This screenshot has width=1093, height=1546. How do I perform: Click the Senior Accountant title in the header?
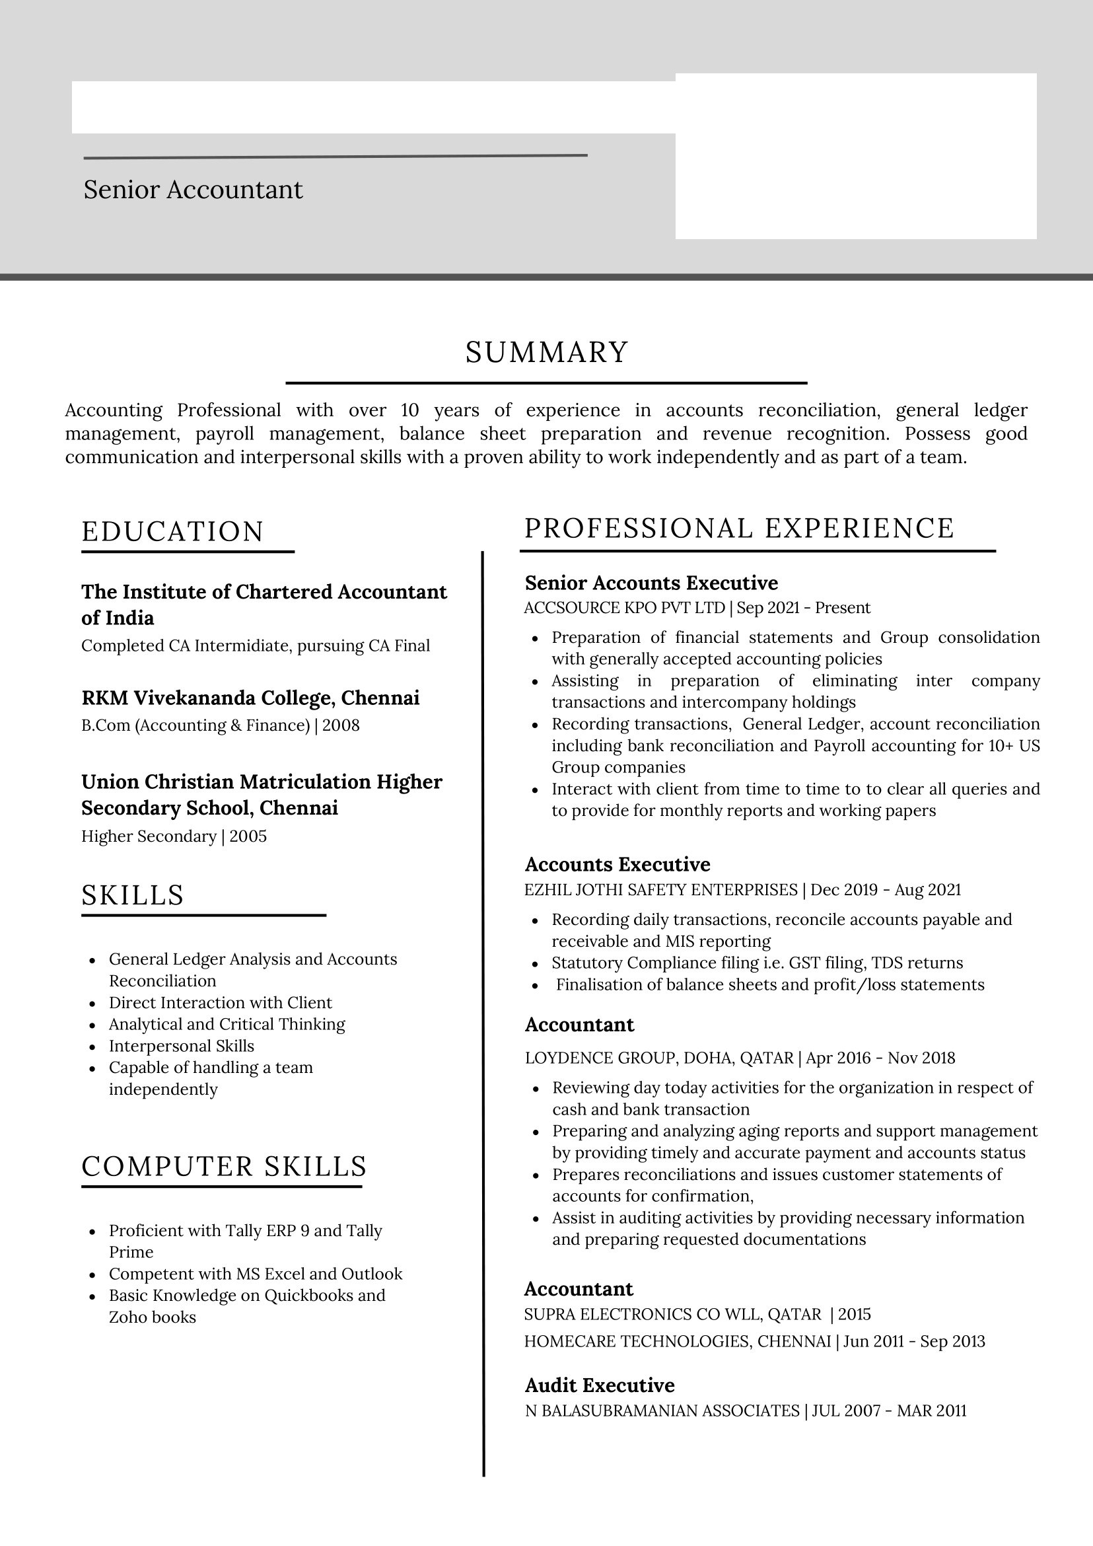(x=193, y=190)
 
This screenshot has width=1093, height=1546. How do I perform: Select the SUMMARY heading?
(x=547, y=353)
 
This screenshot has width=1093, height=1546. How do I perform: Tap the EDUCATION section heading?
(x=173, y=531)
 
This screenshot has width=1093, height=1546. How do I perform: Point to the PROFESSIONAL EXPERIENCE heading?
(x=739, y=529)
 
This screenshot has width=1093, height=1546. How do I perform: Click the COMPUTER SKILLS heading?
(x=224, y=1166)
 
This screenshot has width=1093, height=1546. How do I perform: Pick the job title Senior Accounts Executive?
(x=651, y=583)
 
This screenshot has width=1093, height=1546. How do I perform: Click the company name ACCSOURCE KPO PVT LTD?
(x=624, y=608)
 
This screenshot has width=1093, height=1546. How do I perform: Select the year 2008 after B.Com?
(x=341, y=725)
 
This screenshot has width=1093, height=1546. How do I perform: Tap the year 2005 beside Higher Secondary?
(x=248, y=836)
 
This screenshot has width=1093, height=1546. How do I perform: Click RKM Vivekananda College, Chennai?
(x=250, y=698)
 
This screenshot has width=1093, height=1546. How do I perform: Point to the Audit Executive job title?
(x=599, y=1385)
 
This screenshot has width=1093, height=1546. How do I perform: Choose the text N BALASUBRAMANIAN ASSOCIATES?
(x=662, y=1411)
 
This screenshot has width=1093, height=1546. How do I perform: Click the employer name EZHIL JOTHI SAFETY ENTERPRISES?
(x=660, y=890)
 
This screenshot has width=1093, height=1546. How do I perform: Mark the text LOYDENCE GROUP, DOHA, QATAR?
(x=659, y=1058)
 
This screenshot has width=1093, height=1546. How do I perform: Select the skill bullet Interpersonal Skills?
(x=182, y=1046)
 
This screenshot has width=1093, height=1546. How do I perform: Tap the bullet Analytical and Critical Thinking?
(x=227, y=1024)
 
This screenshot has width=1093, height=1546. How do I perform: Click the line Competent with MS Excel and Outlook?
(x=256, y=1274)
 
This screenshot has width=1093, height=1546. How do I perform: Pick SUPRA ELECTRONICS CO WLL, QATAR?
(x=672, y=1314)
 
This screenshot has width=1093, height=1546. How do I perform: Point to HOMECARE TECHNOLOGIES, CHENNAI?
(x=677, y=1341)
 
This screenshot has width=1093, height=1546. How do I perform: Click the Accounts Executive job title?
(x=617, y=864)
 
